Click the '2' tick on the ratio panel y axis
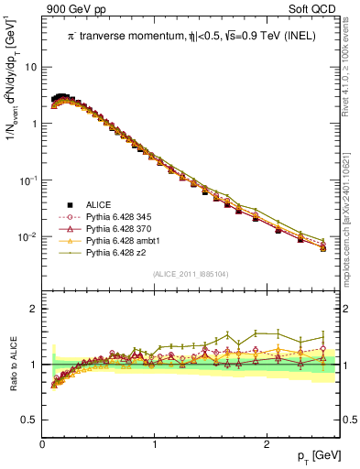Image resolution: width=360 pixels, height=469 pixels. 34,309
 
